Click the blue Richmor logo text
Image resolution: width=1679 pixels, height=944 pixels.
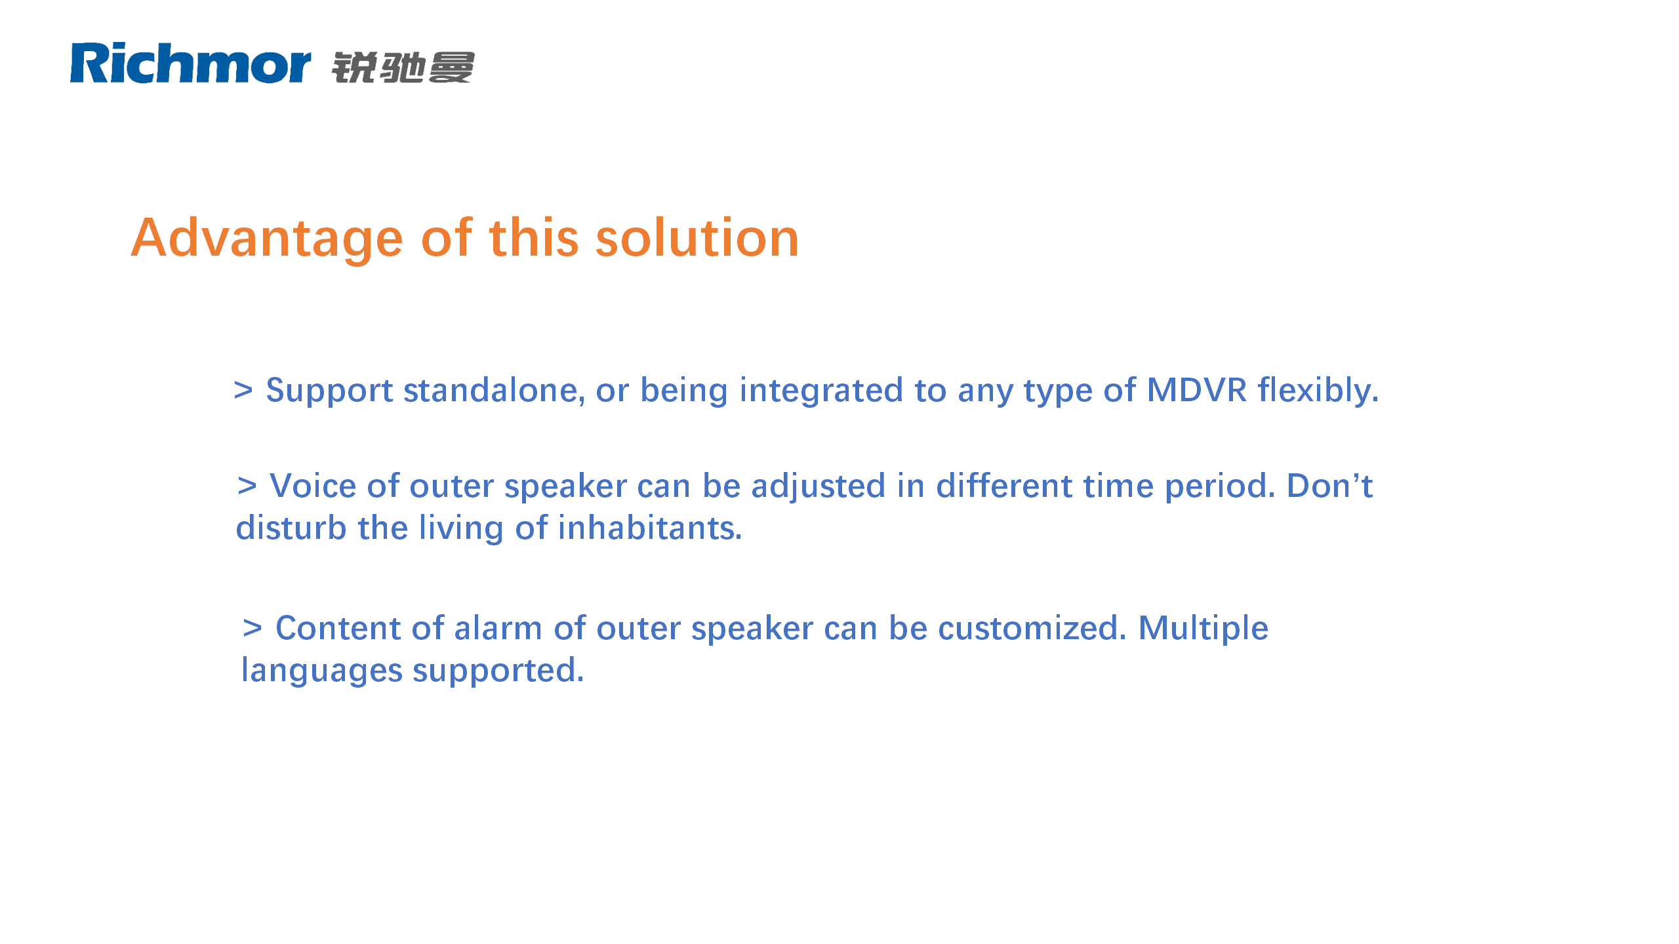coord(190,63)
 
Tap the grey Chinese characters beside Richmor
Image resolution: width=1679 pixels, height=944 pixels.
coord(403,68)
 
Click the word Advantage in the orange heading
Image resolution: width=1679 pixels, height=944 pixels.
coord(268,239)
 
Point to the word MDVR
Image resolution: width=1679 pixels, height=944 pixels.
coord(1196,390)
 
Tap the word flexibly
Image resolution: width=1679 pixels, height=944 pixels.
coord(1318,391)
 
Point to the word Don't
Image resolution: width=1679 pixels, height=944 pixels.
coord(1330,486)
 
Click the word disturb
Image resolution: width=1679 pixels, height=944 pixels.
coord(291,528)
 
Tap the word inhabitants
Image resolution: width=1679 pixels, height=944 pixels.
coord(650,528)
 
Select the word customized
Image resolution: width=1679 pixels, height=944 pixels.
coord(1032,628)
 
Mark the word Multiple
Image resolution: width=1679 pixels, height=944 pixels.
coord(1204,629)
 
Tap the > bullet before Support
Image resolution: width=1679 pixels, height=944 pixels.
coord(243,390)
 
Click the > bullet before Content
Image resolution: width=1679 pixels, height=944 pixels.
coord(253,628)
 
